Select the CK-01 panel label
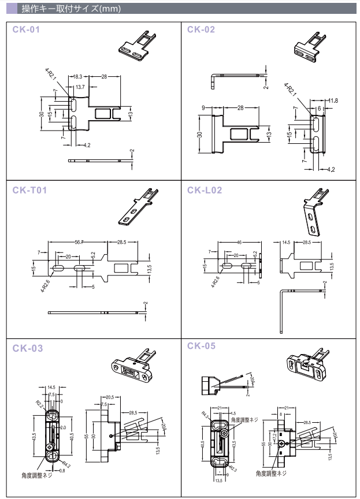click(x=26, y=29)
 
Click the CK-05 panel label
click(x=202, y=345)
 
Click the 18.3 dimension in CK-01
click(x=79, y=76)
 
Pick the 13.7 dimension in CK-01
click(x=80, y=86)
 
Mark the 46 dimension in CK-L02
click(x=237, y=241)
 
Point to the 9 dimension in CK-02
click(x=205, y=108)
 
